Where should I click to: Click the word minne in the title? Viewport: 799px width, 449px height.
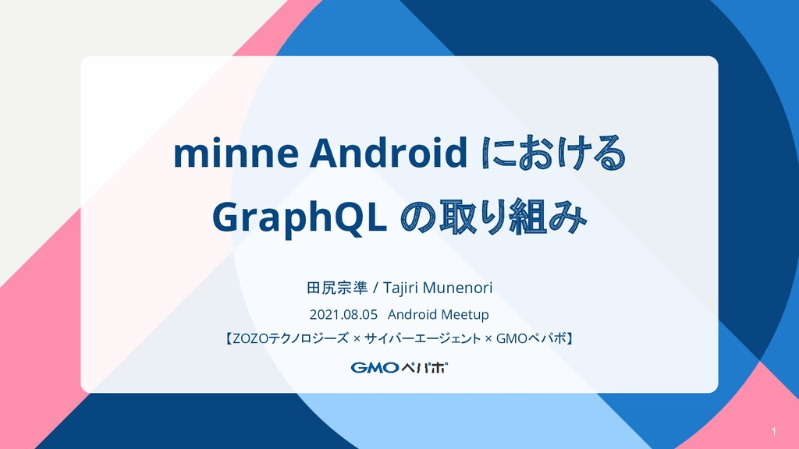(x=236, y=154)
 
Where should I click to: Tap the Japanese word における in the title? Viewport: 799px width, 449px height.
(x=553, y=152)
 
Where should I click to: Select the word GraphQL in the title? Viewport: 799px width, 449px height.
(x=299, y=218)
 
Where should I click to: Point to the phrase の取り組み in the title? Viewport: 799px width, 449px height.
(x=493, y=217)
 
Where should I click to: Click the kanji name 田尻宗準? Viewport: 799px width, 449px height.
(x=337, y=288)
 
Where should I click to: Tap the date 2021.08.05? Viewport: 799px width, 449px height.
(x=343, y=315)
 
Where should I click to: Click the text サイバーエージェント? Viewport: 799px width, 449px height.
(x=422, y=338)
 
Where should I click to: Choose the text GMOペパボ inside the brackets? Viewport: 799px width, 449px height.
(x=531, y=338)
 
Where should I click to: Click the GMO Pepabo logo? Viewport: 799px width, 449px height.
(x=399, y=368)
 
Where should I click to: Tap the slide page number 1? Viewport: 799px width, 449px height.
(x=773, y=432)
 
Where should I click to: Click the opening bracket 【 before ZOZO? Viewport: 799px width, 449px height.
(x=229, y=338)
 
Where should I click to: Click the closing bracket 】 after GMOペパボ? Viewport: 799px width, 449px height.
(x=570, y=338)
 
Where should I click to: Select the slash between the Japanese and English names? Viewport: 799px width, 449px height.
(x=375, y=288)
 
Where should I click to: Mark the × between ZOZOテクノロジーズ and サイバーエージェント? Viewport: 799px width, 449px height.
(x=357, y=338)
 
